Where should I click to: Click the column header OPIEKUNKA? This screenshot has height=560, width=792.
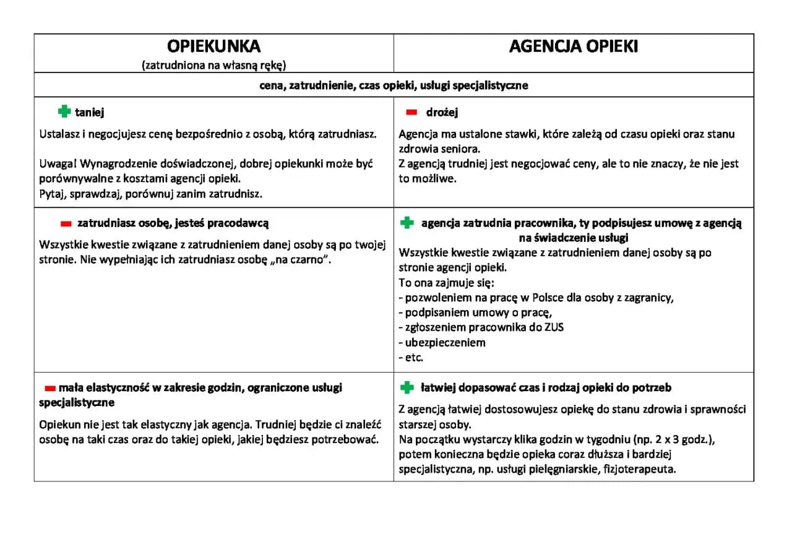pos(213,47)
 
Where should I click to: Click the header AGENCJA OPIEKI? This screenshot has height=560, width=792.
pos(574,47)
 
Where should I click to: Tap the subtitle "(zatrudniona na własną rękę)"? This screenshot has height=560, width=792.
pos(213,64)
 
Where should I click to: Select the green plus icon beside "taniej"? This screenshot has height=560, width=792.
pos(64,112)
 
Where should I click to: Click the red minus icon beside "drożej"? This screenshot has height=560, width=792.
pos(411,113)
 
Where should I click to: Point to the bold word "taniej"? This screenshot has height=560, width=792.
pos(90,113)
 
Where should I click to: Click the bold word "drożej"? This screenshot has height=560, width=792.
pos(442,113)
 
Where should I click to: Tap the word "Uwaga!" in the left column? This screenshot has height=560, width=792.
pos(58,164)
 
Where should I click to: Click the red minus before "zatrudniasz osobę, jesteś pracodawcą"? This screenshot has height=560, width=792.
pos(66,223)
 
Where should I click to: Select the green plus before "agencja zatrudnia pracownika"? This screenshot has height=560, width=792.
pos(407,223)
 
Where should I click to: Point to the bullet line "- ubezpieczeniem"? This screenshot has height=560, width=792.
pos(442,342)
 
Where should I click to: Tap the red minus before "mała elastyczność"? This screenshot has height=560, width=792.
pos(50,388)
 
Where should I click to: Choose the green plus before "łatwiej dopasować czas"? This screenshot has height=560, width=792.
pos(407,387)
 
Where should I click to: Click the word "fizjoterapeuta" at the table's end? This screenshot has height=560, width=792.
pos(641,469)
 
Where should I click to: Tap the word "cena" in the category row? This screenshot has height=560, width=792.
pos(272,85)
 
